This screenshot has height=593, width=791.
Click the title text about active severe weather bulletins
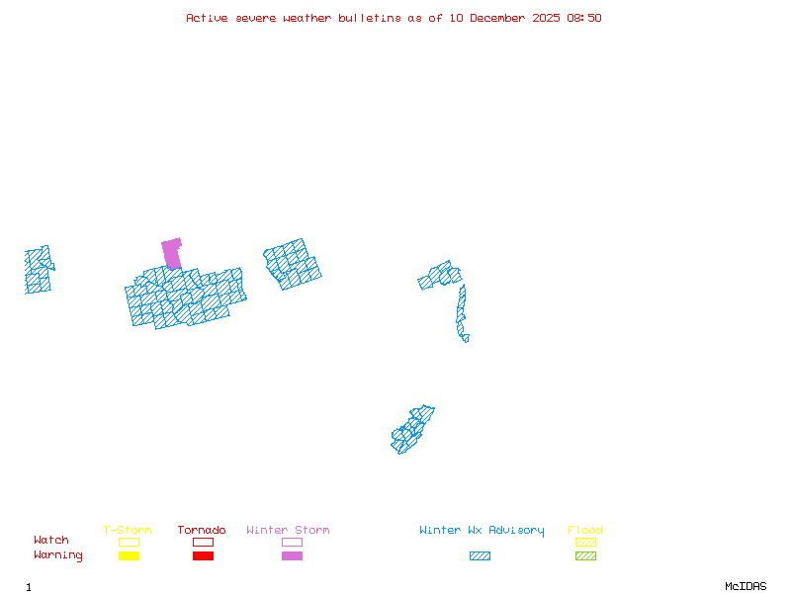point(394,18)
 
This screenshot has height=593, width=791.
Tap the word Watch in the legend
point(51,541)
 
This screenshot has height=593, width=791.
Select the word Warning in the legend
point(58,555)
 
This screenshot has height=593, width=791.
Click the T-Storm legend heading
point(128,531)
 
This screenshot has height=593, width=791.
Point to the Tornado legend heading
point(202,531)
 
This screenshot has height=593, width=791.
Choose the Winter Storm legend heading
point(288,531)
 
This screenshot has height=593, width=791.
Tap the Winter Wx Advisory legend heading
point(482,531)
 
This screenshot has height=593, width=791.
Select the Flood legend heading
point(585,531)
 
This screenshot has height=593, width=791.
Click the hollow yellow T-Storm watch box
point(129,542)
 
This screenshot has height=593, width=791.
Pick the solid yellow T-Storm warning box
point(129,555)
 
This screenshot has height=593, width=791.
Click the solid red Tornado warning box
point(203,555)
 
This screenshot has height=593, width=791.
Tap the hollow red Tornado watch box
point(203,542)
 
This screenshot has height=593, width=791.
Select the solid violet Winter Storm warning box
point(292,555)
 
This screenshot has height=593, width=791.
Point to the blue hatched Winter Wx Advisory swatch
point(480,555)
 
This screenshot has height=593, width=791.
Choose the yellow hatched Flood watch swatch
point(585,542)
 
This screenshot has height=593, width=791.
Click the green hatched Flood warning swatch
point(585,555)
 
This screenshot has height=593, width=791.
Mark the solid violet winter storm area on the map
point(172,252)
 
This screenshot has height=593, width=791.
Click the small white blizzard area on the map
point(471,337)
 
